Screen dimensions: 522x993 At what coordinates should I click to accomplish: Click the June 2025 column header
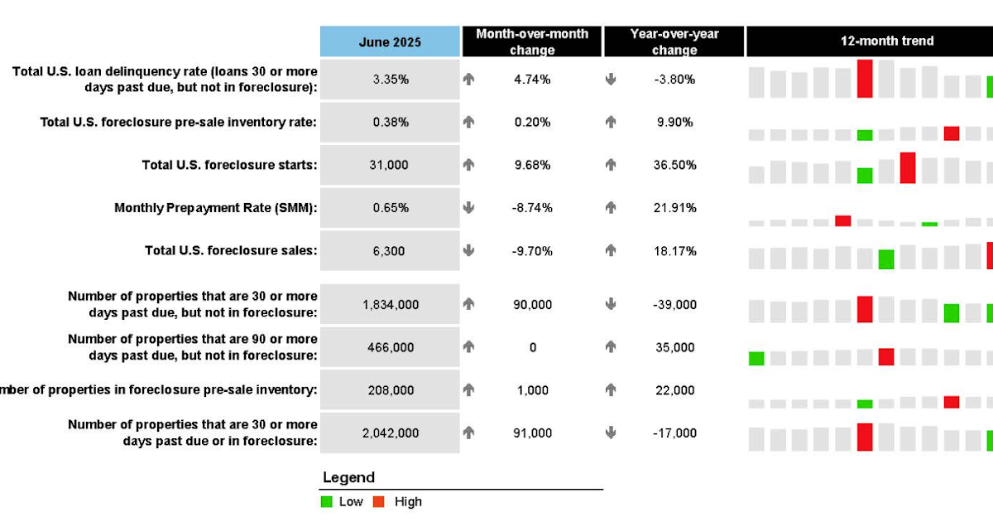[390, 41]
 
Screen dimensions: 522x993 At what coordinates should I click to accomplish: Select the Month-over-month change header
[532, 41]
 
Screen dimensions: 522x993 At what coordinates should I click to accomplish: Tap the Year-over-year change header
[674, 41]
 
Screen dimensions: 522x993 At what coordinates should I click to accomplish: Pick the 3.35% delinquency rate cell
[390, 80]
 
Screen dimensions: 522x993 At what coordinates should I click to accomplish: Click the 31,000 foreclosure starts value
[389, 165]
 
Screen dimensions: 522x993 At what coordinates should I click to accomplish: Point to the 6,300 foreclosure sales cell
[389, 251]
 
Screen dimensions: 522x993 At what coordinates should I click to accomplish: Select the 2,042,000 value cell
[391, 433]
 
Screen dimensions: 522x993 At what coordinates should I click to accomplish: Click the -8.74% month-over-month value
[532, 208]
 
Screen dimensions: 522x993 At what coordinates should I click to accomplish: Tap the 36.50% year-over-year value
[674, 165]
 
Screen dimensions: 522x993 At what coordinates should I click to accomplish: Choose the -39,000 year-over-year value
[674, 304]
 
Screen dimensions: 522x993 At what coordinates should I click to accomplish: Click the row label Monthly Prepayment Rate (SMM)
[216, 208]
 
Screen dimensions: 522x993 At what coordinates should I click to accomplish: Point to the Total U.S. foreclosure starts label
[229, 165]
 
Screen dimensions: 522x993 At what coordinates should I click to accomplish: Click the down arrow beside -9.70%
[468, 251]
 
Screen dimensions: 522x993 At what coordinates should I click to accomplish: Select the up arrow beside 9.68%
[468, 165]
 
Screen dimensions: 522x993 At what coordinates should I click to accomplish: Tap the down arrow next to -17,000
[611, 433]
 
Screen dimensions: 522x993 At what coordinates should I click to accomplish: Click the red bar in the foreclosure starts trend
[908, 167]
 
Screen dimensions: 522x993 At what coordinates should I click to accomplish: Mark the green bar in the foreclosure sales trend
[886, 259]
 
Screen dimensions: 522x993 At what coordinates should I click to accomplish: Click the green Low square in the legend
[327, 501]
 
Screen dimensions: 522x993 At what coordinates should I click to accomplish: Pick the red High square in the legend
[379, 501]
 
